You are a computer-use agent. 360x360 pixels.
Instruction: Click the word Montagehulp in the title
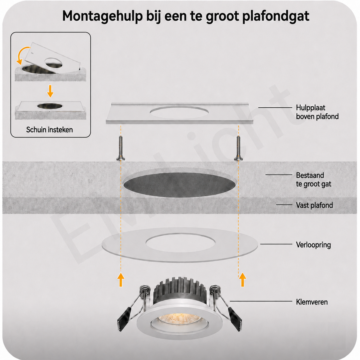[102, 16]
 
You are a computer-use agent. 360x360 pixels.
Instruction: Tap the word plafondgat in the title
[276, 16]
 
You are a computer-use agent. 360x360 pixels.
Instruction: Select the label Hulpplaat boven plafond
[317, 112]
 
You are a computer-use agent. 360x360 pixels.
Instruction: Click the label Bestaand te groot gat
[313, 179]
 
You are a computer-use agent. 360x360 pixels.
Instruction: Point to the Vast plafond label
[314, 205]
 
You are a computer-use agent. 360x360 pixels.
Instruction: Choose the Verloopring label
[313, 245]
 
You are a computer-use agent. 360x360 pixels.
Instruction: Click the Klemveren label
[312, 302]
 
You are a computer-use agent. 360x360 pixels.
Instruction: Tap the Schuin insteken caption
[49, 130]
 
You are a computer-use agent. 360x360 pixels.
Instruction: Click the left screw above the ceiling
[121, 148]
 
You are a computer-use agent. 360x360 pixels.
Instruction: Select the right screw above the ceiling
[238, 148]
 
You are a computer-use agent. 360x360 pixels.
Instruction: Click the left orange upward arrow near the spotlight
[121, 280]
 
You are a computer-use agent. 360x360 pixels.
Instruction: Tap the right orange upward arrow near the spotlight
[243, 280]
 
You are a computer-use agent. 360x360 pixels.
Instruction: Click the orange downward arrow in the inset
[50, 91]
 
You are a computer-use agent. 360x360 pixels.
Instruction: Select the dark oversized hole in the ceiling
[179, 185]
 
